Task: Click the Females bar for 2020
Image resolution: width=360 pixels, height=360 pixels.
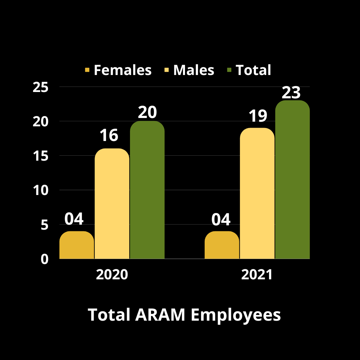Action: click(x=77, y=245)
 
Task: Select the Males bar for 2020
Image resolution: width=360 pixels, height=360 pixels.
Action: click(x=112, y=204)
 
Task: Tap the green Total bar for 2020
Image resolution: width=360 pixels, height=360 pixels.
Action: click(x=147, y=190)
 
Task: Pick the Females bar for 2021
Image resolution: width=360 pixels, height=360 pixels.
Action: click(x=222, y=245)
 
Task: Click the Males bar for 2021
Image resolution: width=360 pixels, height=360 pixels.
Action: click(x=257, y=193)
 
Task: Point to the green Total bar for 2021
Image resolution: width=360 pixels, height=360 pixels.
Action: click(x=292, y=180)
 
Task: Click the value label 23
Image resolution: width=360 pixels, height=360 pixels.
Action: click(x=291, y=93)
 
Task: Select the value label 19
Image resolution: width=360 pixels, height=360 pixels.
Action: click(x=258, y=116)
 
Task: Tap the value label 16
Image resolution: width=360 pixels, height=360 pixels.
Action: click(x=109, y=135)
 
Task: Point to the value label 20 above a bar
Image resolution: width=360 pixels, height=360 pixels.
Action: click(x=147, y=113)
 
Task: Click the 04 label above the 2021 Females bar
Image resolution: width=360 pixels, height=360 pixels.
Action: click(x=221, y=219)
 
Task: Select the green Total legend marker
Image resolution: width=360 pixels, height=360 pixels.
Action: click(x=229, y=70)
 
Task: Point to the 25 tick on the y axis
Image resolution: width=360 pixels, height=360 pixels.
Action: click(x=41, y=87)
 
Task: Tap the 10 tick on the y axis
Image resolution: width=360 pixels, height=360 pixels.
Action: click(x=41, y=191)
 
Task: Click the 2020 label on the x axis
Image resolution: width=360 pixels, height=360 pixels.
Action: click(x=112, y=275)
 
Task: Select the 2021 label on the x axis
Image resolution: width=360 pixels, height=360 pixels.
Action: click(x=257, y=275)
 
